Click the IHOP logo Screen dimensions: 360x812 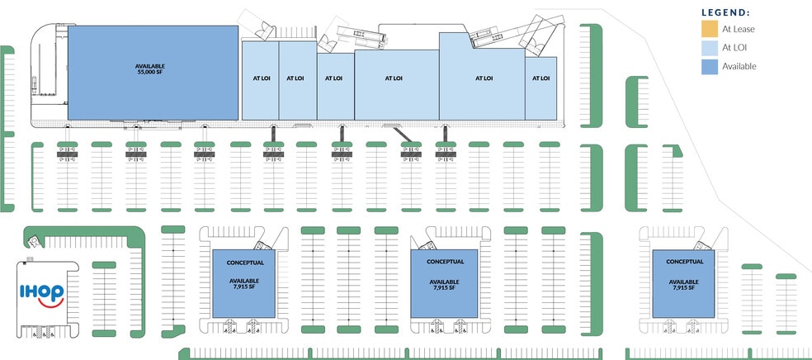[x=42, y=292]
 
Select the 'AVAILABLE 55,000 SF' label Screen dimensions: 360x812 [x=151, y=69]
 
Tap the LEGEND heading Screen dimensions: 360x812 [x=725, y=12]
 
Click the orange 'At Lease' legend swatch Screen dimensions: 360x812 [x=709, y=29]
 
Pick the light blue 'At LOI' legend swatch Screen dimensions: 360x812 [x=709, y=48]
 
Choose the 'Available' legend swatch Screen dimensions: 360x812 [x=709, y=67]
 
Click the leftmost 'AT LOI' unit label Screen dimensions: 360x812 [x=259, y=78]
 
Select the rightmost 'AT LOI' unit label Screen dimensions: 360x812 [x=541, y=78]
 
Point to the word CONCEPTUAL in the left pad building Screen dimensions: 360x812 [x=244, y=263]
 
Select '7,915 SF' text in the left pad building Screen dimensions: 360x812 [x=244, y=288]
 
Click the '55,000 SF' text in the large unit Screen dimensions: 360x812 [x=151, y=73]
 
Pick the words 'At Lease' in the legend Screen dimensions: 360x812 [x=739, y=29]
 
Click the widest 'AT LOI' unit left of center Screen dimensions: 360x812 [x=394, y=78]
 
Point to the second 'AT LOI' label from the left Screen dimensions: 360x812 [x=295, y=78]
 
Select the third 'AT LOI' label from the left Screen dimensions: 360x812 [x=333, y=78]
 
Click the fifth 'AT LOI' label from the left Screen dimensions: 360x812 [x=484, y=78]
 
